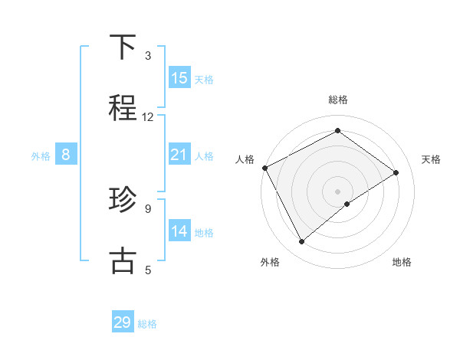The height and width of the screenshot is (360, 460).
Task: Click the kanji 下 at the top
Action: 123,47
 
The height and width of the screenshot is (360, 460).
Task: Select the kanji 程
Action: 123,109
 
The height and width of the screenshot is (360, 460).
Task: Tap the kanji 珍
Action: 123,201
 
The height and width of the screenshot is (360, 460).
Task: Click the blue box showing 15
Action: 179,78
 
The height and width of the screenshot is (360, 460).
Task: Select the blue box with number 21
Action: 179,155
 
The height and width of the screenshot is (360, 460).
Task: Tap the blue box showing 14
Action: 179,231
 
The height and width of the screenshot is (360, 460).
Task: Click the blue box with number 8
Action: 66,155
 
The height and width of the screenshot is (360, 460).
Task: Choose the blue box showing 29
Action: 123,322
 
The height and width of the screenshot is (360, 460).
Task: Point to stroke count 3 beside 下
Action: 148,56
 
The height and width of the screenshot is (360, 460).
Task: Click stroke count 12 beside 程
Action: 148,117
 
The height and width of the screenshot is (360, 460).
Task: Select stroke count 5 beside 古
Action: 148,270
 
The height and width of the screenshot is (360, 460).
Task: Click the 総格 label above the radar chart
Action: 338,100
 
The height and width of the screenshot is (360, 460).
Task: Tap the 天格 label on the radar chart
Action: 432,159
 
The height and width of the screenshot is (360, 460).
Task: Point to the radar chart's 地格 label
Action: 402,262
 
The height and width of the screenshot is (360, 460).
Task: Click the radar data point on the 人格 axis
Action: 264,168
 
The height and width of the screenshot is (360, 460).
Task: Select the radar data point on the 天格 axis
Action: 396,172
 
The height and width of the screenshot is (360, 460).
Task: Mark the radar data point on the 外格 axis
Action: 301,242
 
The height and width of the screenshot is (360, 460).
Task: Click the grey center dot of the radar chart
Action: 338,191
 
